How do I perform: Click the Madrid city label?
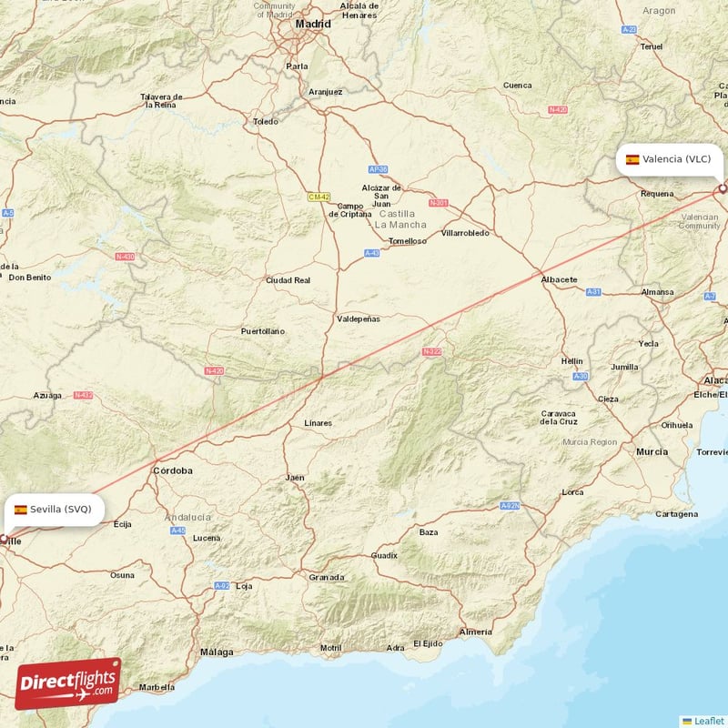click(313, 24)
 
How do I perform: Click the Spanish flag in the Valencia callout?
click(632, 159)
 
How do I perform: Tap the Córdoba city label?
click(173, 470)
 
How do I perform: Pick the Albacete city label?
click(559, 278)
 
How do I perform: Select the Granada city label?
click(326, 577)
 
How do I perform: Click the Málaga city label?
click(217, 652)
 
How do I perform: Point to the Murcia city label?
click(652, 451)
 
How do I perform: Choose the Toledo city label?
click(266, 121)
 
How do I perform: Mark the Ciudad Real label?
click(288, 280)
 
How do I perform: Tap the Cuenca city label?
click(517, 86)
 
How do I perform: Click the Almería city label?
click(476, 632)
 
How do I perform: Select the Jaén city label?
click(294, 477)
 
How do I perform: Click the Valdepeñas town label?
click(359, 319)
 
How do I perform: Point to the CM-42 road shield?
click(318, 197)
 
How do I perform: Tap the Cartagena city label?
click(676, 514)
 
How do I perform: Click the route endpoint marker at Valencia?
click(723, 188)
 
